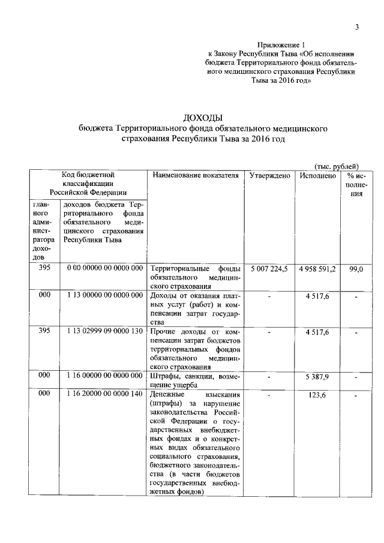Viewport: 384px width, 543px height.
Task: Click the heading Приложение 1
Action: (281, 45)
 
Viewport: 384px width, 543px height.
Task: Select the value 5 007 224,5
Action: (269, 269)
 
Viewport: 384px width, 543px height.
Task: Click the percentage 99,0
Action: (356, 269)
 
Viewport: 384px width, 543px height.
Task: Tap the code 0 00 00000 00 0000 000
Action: (105, 269)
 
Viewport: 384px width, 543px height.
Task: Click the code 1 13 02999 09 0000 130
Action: (105, 332)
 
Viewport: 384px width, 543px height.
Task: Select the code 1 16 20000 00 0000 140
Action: (105, 395)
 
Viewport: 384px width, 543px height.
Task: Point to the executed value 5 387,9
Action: (317, 376)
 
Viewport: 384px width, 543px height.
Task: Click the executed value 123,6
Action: (317, 395)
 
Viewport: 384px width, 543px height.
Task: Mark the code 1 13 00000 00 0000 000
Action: (105, 295)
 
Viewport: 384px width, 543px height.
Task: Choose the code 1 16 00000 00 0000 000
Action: (105, 376)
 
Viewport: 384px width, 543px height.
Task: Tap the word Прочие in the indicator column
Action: (163, 332)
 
